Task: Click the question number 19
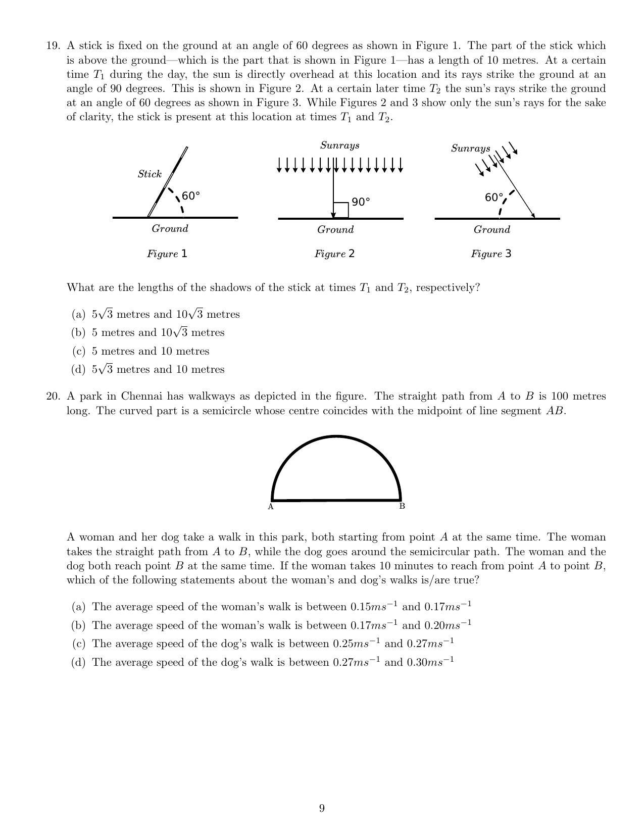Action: [53, 46]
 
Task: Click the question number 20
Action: [53, 397]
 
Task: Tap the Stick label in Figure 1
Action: [150, 174]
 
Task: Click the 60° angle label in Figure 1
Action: [190, 196]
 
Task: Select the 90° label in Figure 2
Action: [361, 202]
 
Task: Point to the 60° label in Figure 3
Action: [493, 198]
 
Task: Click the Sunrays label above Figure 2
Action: [340, 145]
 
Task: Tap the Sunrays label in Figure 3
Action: [470, 149]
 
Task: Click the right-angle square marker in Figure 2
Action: [341, 210]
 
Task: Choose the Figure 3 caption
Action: [491, 254]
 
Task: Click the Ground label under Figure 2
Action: [335, 230]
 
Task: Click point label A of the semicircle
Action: [271, 507]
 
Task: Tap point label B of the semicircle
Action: [402, 506]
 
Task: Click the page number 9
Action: [322, 809]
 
